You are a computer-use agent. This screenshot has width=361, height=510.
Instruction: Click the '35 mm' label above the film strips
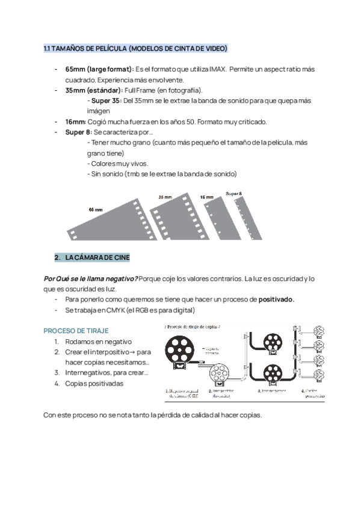coord(165,197)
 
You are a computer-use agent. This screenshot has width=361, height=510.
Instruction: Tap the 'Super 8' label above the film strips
coord(234,194)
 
